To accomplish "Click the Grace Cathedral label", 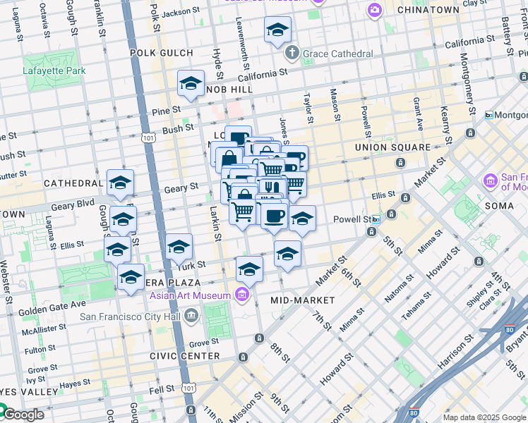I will (x=338, y=54).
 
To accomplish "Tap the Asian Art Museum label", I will (x=190, y=295).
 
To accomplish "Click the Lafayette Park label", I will (x=54, y=70).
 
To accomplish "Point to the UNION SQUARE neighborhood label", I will (x=392, y=147).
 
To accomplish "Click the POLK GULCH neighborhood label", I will (x=162, y=53).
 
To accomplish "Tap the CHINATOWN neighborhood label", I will (x=428, y=10).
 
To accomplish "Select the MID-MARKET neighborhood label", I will (x=303, y=300).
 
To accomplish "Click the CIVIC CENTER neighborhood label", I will (x=185, y=356).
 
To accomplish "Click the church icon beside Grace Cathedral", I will (x=293, y=53).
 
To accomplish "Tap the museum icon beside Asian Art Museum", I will (x=242, y=294).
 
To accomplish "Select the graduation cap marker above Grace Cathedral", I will (x=277, y=30).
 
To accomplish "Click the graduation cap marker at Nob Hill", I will (x=191, y=84).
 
